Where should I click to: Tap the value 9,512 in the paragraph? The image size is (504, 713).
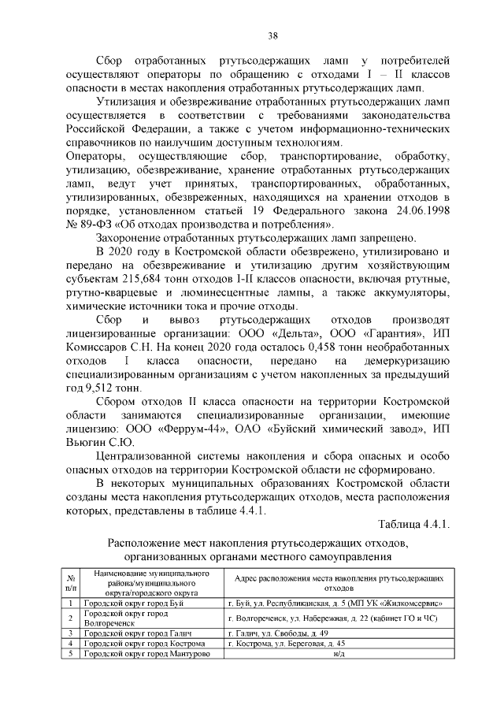[104, 388]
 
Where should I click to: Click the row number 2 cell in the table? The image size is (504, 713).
[70, 618]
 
